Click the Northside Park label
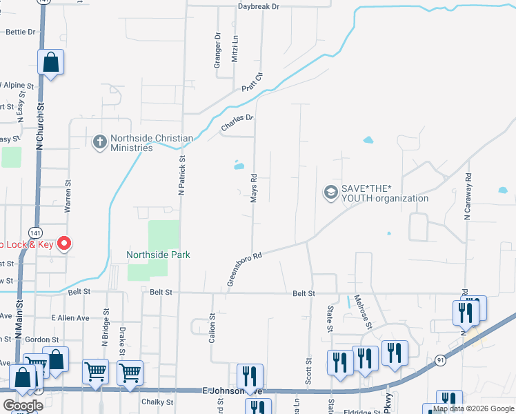coord(158,255)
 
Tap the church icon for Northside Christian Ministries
coord(100,142)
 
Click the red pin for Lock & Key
coord(64,243)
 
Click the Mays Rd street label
coord(254,188)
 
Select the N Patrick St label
coord(182,175)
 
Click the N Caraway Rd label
coord(468,197)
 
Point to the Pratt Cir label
coord(252,83)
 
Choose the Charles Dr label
coord(237,124)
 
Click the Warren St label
coord(68,197)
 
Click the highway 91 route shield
coord(440,359)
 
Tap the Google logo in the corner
coord(23,406)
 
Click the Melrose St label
coord(363,311)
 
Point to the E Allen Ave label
coord(70,318)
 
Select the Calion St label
coord(212,328)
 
